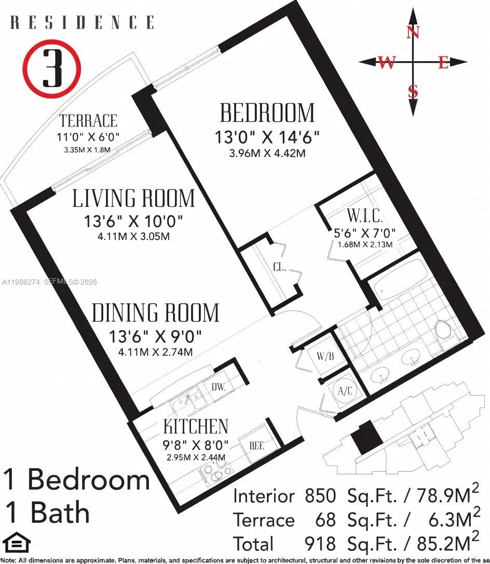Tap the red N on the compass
[413, 33]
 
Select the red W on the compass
[386, 63]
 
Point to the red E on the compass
[443, 63]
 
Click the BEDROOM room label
[267, 113]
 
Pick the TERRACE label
[88, 121]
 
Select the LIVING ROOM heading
[133, 199]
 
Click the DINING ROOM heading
[155, 313]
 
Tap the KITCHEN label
[196, 426]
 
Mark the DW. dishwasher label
[219, 386]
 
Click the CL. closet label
[280, 269]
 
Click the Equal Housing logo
[16, 544]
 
